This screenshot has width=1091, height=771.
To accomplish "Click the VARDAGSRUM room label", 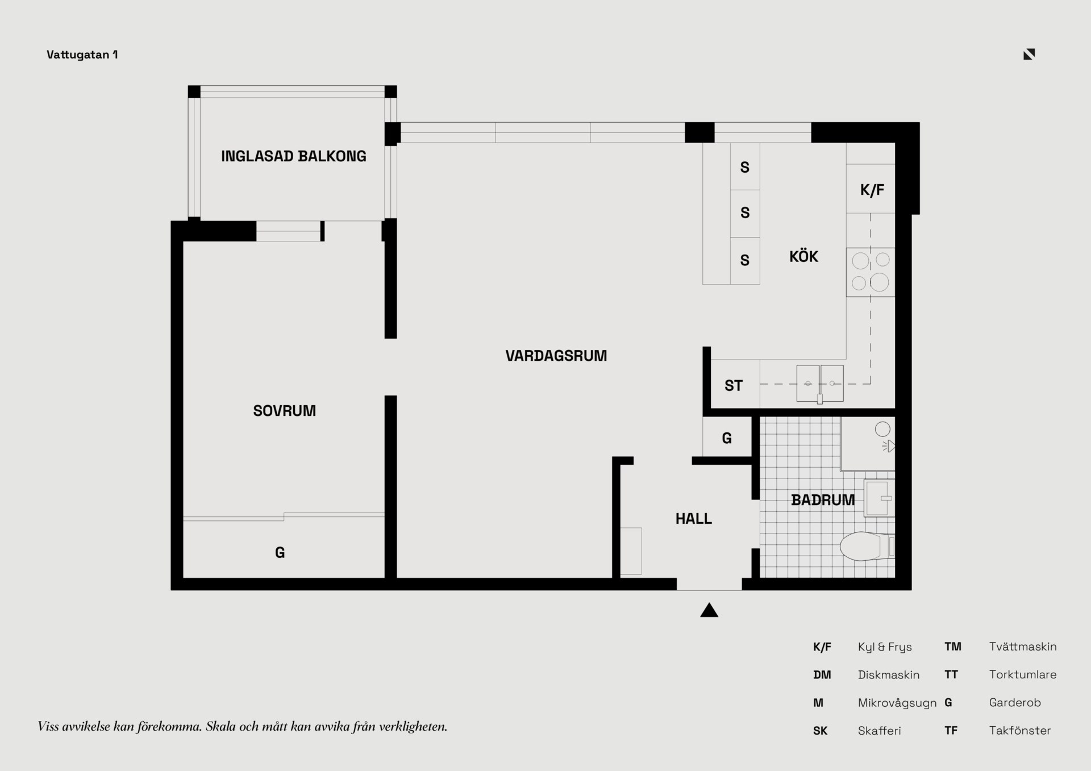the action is point(556,356).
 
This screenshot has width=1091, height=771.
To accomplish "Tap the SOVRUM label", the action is point(284,411).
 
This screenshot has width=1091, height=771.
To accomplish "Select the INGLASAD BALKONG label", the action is point(293,156).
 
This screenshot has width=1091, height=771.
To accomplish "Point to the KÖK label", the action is point(803,256).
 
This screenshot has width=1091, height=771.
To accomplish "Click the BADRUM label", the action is point(823,500).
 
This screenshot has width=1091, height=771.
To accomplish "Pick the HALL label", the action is point(693,519).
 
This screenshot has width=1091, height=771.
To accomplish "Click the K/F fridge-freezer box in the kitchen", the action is point(871,189).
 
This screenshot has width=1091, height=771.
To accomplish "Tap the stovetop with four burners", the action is point(871,272).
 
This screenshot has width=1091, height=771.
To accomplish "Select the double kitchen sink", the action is point(820,384).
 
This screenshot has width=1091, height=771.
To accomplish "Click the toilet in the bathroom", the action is point(867,546).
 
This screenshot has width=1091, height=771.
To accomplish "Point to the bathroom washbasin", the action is point(879,498).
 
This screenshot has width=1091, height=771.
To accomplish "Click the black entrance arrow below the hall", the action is point(709,610).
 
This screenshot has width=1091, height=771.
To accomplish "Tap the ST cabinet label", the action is point(734,386).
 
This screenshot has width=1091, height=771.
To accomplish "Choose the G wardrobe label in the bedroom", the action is point(280,552).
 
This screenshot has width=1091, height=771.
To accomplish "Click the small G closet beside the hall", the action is point(727,438).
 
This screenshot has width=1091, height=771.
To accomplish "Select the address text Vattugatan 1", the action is point(82,55).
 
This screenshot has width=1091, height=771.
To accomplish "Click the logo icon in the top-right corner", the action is point(1029,54).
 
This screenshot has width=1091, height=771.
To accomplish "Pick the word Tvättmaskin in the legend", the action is point(1023,647).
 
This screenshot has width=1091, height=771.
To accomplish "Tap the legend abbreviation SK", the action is point(820,731).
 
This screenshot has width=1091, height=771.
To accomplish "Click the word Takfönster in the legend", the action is point(1020,731).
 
